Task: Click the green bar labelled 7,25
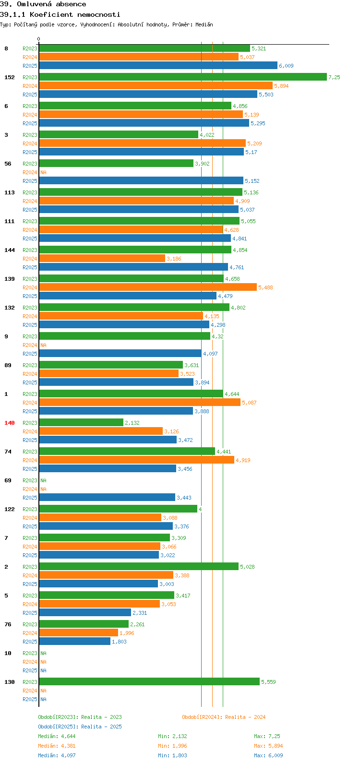click(x=183, y=77)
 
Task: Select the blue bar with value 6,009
click(x=158, y=65)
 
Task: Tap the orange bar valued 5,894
click(x=156, y=85)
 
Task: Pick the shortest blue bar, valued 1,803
click(x=75, y=641)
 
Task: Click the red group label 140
click(x=10, y=423)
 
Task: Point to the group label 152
click(x=10, y=77)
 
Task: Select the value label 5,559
click(x=268, y=682)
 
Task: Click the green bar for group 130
click(x=149, y=681)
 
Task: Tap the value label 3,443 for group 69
click(x=184, y=498)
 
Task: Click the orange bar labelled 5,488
click(x=148, y=287)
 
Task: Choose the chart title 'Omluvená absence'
click(x=51, y=4)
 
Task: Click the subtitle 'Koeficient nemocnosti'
click(x=75, y=15)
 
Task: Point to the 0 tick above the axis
click(x=38, y=39)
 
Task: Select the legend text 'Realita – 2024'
click(x=245, y=717)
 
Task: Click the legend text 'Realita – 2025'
click(x=101, y=727)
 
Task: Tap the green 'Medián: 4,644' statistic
click(x=57, y=736)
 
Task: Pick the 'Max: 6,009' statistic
click(x=268, y=755)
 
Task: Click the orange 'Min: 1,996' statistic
click(x=173, y=746)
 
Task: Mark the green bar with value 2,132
click(x=81, y=422)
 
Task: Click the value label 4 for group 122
click(x=200, y=509)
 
